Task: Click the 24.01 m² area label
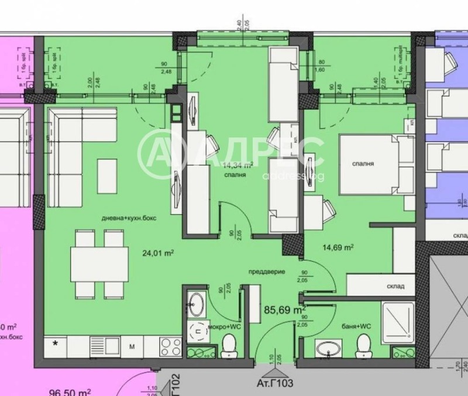159,253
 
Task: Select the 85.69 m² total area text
285,309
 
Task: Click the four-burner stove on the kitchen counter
170,345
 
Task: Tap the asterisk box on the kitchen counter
56,344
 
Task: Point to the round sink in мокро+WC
195,304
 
